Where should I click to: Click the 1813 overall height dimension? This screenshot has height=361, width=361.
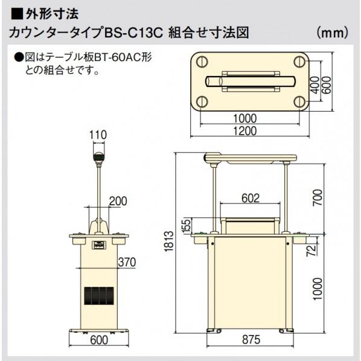coord(171,243)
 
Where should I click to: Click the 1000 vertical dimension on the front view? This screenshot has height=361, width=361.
coord(318,289)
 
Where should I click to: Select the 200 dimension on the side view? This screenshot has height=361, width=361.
coord(119,201)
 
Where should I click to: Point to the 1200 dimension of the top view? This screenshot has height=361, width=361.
coord(246,130)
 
